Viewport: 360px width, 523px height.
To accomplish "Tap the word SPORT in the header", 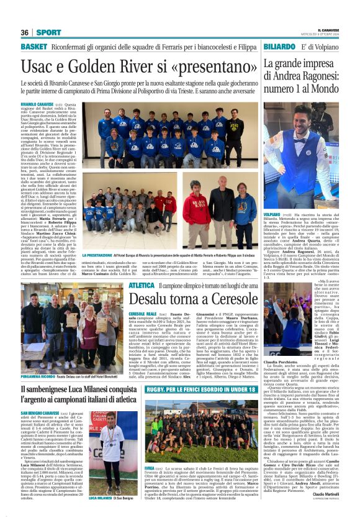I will pos(48,32).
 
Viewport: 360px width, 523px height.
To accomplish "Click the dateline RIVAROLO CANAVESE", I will pos(38,104).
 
